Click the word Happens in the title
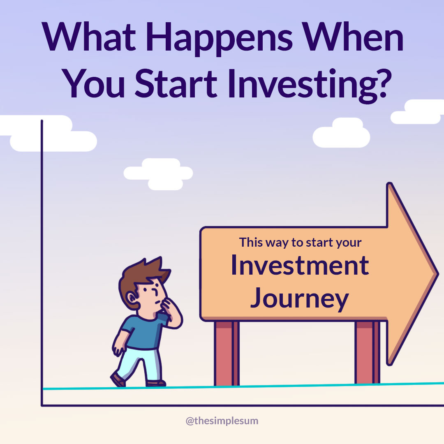click(x=219, y=39)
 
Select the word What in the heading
click(x=89, y=37)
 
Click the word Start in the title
click(x=176, y=83)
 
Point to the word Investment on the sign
click(x=300, y=265)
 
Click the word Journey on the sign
click(x=300, y=299)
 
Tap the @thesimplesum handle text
click(x=222, y=421)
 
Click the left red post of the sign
click(x=227, y=353)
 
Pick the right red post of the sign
click(x=367, y=352)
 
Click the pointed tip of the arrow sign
click(x=438, y=274)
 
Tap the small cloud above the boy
click(x=158, y=174)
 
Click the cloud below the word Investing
click(x=341, y=133)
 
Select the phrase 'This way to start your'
click(x=300, y=243)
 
